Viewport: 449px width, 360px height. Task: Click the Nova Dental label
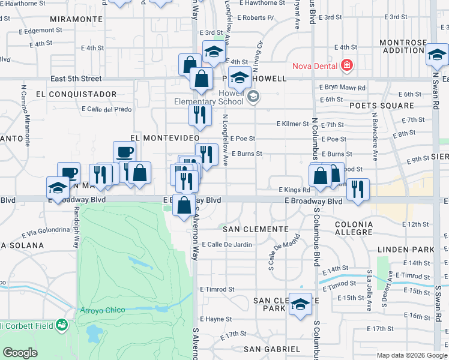(x=315, y=65)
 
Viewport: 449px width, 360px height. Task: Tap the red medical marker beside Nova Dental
(x=346, y=65)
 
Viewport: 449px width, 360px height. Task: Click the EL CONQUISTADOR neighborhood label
(x=76, y=94)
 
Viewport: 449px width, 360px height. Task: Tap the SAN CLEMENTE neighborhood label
(x=256, y=229)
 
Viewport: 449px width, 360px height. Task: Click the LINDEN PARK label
(x=406, y=249)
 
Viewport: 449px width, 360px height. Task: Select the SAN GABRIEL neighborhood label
(x=272, y=349)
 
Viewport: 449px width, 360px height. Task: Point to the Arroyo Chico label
(x=103, y=310)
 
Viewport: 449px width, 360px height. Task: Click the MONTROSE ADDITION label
(x=403, y=47)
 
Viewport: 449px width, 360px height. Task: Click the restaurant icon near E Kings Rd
(x=358, y=189)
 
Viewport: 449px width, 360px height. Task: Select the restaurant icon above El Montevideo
(x=200, y=114)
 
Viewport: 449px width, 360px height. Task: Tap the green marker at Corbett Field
(x=61, y=326)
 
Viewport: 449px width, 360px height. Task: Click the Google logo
(x=20, y=353)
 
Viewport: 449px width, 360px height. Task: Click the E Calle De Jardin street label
(x=227, y=244)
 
